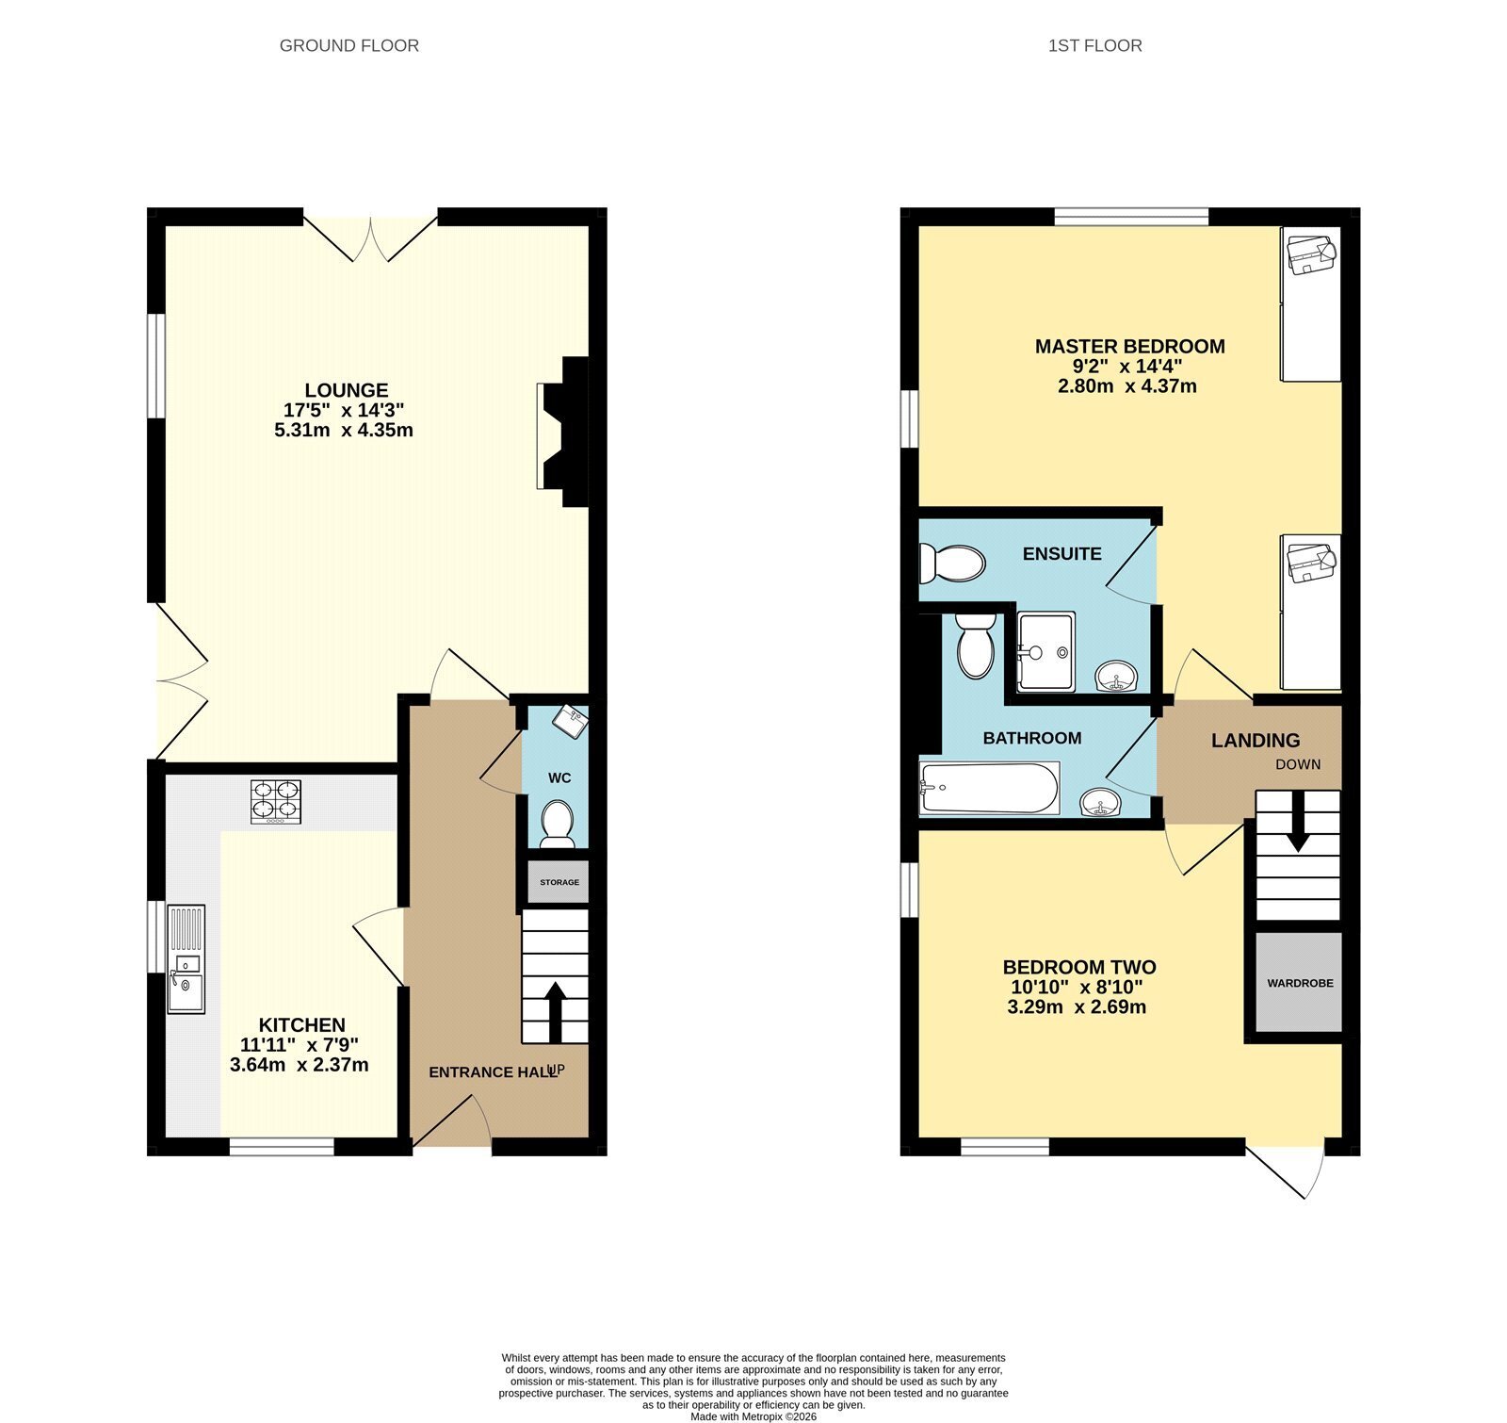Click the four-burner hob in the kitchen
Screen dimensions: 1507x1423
pyautogui.click(x=276, y=802)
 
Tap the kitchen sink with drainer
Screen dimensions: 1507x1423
pyautogui.click(x=186, y=958)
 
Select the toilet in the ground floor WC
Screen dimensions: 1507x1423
pyautogui.click(x=558, y=824)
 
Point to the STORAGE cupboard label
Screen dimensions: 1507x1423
pyautogui.click(x=559, y=883)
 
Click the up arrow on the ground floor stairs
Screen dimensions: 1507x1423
pyautogui.click(x=555, y=1012)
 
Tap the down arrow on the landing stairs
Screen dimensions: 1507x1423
pyautogui.click(x=1298, y=822)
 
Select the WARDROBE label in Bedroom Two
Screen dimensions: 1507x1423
pyautogui.click(x=1300, y=983)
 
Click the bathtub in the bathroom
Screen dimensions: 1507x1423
pyautogui.click(x=989, y=788)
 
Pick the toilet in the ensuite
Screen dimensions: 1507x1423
pyautogui.click(x=952, y=564)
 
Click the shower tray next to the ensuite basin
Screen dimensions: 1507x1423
pyautogui.click(x=1045, y=652)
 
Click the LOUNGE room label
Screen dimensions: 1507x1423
pyautogui.click(x=347, y=390)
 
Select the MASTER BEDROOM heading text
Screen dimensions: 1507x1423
pyautogui.click(x=1130, y=347)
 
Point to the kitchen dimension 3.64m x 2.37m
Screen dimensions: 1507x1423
pyautogui.click(x=300, y=1065)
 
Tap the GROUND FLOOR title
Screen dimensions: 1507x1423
pyautogui.click(x=349, y=45)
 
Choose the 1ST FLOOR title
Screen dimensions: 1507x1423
pyautogui.click(x=1095, y=45)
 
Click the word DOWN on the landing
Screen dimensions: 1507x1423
pyautogui.click(x=1298, y=764)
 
